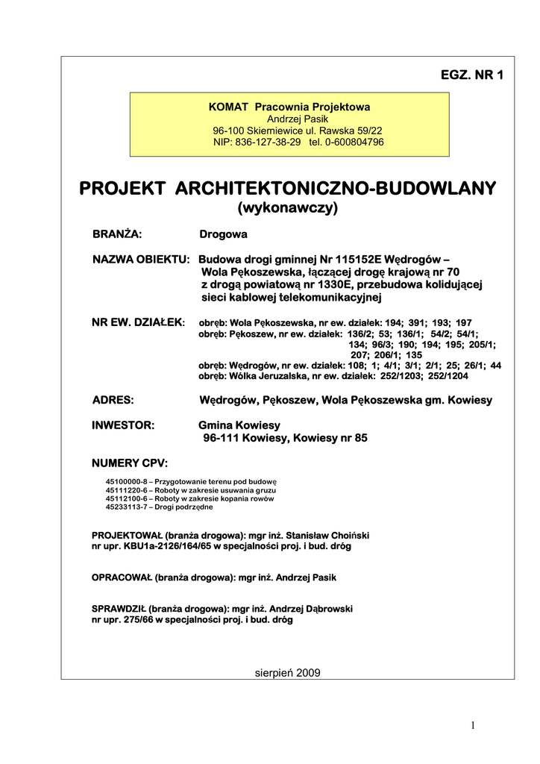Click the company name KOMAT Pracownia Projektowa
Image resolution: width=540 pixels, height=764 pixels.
point(289,107)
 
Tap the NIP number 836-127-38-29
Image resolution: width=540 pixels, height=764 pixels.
point(269,142)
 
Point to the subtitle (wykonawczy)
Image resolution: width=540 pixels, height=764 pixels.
point(287,207)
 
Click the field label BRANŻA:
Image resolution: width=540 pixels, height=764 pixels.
point(117,234)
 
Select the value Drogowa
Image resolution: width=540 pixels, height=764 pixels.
point(223,234)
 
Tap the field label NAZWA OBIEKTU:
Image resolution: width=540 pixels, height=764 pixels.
point(141,259)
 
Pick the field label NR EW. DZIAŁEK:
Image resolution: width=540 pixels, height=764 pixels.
point(138,322)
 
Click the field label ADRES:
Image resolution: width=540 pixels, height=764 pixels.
point(113,400)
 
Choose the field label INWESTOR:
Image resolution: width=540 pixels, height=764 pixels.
point(123,425)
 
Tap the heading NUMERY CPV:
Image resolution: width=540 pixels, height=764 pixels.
point(130,463)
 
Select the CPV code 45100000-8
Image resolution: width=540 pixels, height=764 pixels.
point(128,481)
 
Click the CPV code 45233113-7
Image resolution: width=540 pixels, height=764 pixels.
point(128,507)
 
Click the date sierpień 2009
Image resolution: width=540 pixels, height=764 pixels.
point(287,672)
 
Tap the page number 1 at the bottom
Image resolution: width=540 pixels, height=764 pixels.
point(473,726)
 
